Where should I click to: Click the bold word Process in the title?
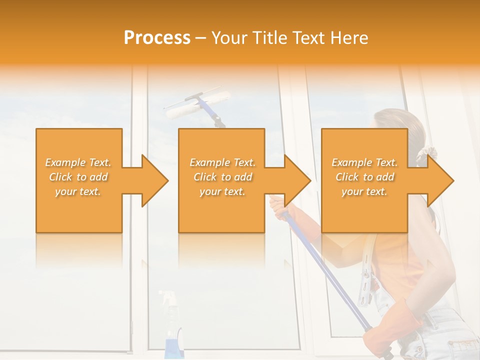pyautogui.click(x=157, y=38)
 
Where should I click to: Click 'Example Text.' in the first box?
pyautogui.click(x=78, y=162)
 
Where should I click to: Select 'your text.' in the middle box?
pyautogui.click(x=222, y=191)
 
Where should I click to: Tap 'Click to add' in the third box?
pyautogui.click(x=364, y=177)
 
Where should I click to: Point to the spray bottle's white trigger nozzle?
pyautogui.click(x=167, y=297)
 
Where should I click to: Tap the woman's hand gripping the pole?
pyautogui.click(x=276, y=205)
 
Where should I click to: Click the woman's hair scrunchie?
pyautogui.click(x=426, y=152)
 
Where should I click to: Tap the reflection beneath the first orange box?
pyautogui.click(x=79, y=250)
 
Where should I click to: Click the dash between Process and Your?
pyautogui.click(x=200, y=38)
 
